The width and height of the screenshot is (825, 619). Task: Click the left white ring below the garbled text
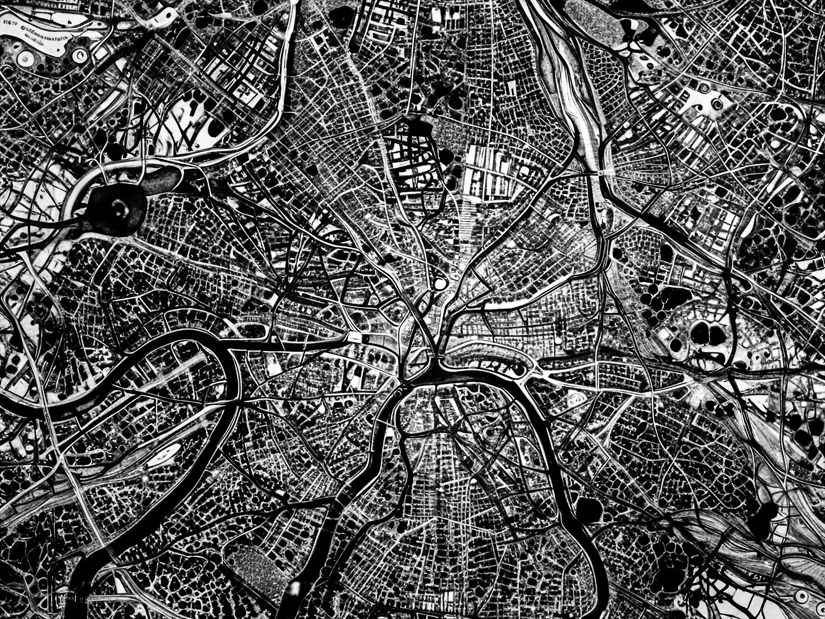coord(25,58)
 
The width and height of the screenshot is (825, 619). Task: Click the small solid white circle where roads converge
coord(440,284)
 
